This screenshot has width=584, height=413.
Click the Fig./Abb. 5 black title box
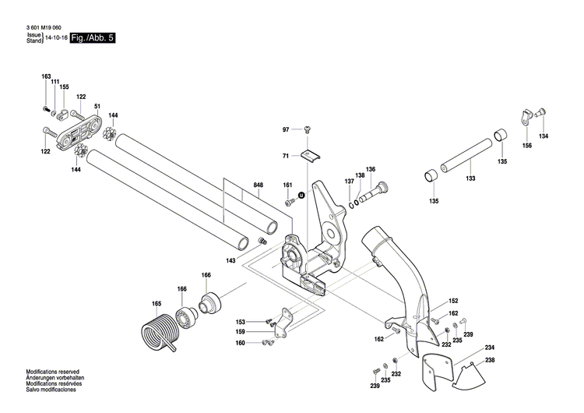(92, 37)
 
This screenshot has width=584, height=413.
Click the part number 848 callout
(258, 186)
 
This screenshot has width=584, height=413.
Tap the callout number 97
(286, 129)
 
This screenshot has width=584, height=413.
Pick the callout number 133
(470, 178)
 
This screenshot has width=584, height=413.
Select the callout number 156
(527, 146)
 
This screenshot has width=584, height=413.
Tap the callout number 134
(543, 137)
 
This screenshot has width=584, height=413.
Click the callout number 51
(97, 107)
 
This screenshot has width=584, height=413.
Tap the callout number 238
(490, 360)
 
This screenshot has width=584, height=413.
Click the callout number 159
(241, 332)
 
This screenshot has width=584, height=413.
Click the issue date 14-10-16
(57, 37)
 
